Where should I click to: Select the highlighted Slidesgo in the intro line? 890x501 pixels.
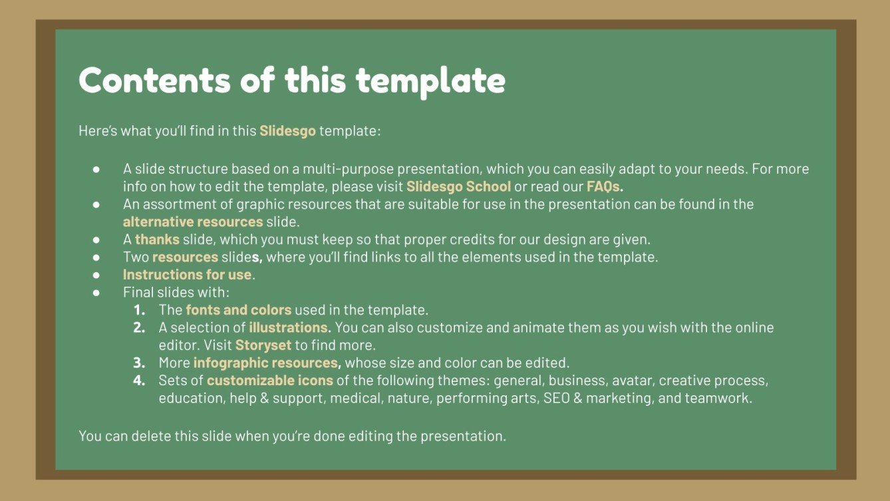287,130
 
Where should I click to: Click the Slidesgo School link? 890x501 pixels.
458,186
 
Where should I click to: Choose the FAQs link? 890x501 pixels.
605,186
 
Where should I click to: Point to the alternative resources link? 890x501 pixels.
193,222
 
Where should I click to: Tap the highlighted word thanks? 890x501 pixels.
158,239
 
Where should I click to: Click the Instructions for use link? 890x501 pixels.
187,274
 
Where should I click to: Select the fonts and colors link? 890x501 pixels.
238,309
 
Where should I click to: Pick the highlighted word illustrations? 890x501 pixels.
289,327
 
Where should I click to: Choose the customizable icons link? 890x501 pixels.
270,381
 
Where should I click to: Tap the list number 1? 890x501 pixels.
139,310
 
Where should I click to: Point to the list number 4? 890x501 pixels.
138,381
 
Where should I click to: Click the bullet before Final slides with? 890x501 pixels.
96,292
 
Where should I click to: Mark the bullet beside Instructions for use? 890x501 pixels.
96,274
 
